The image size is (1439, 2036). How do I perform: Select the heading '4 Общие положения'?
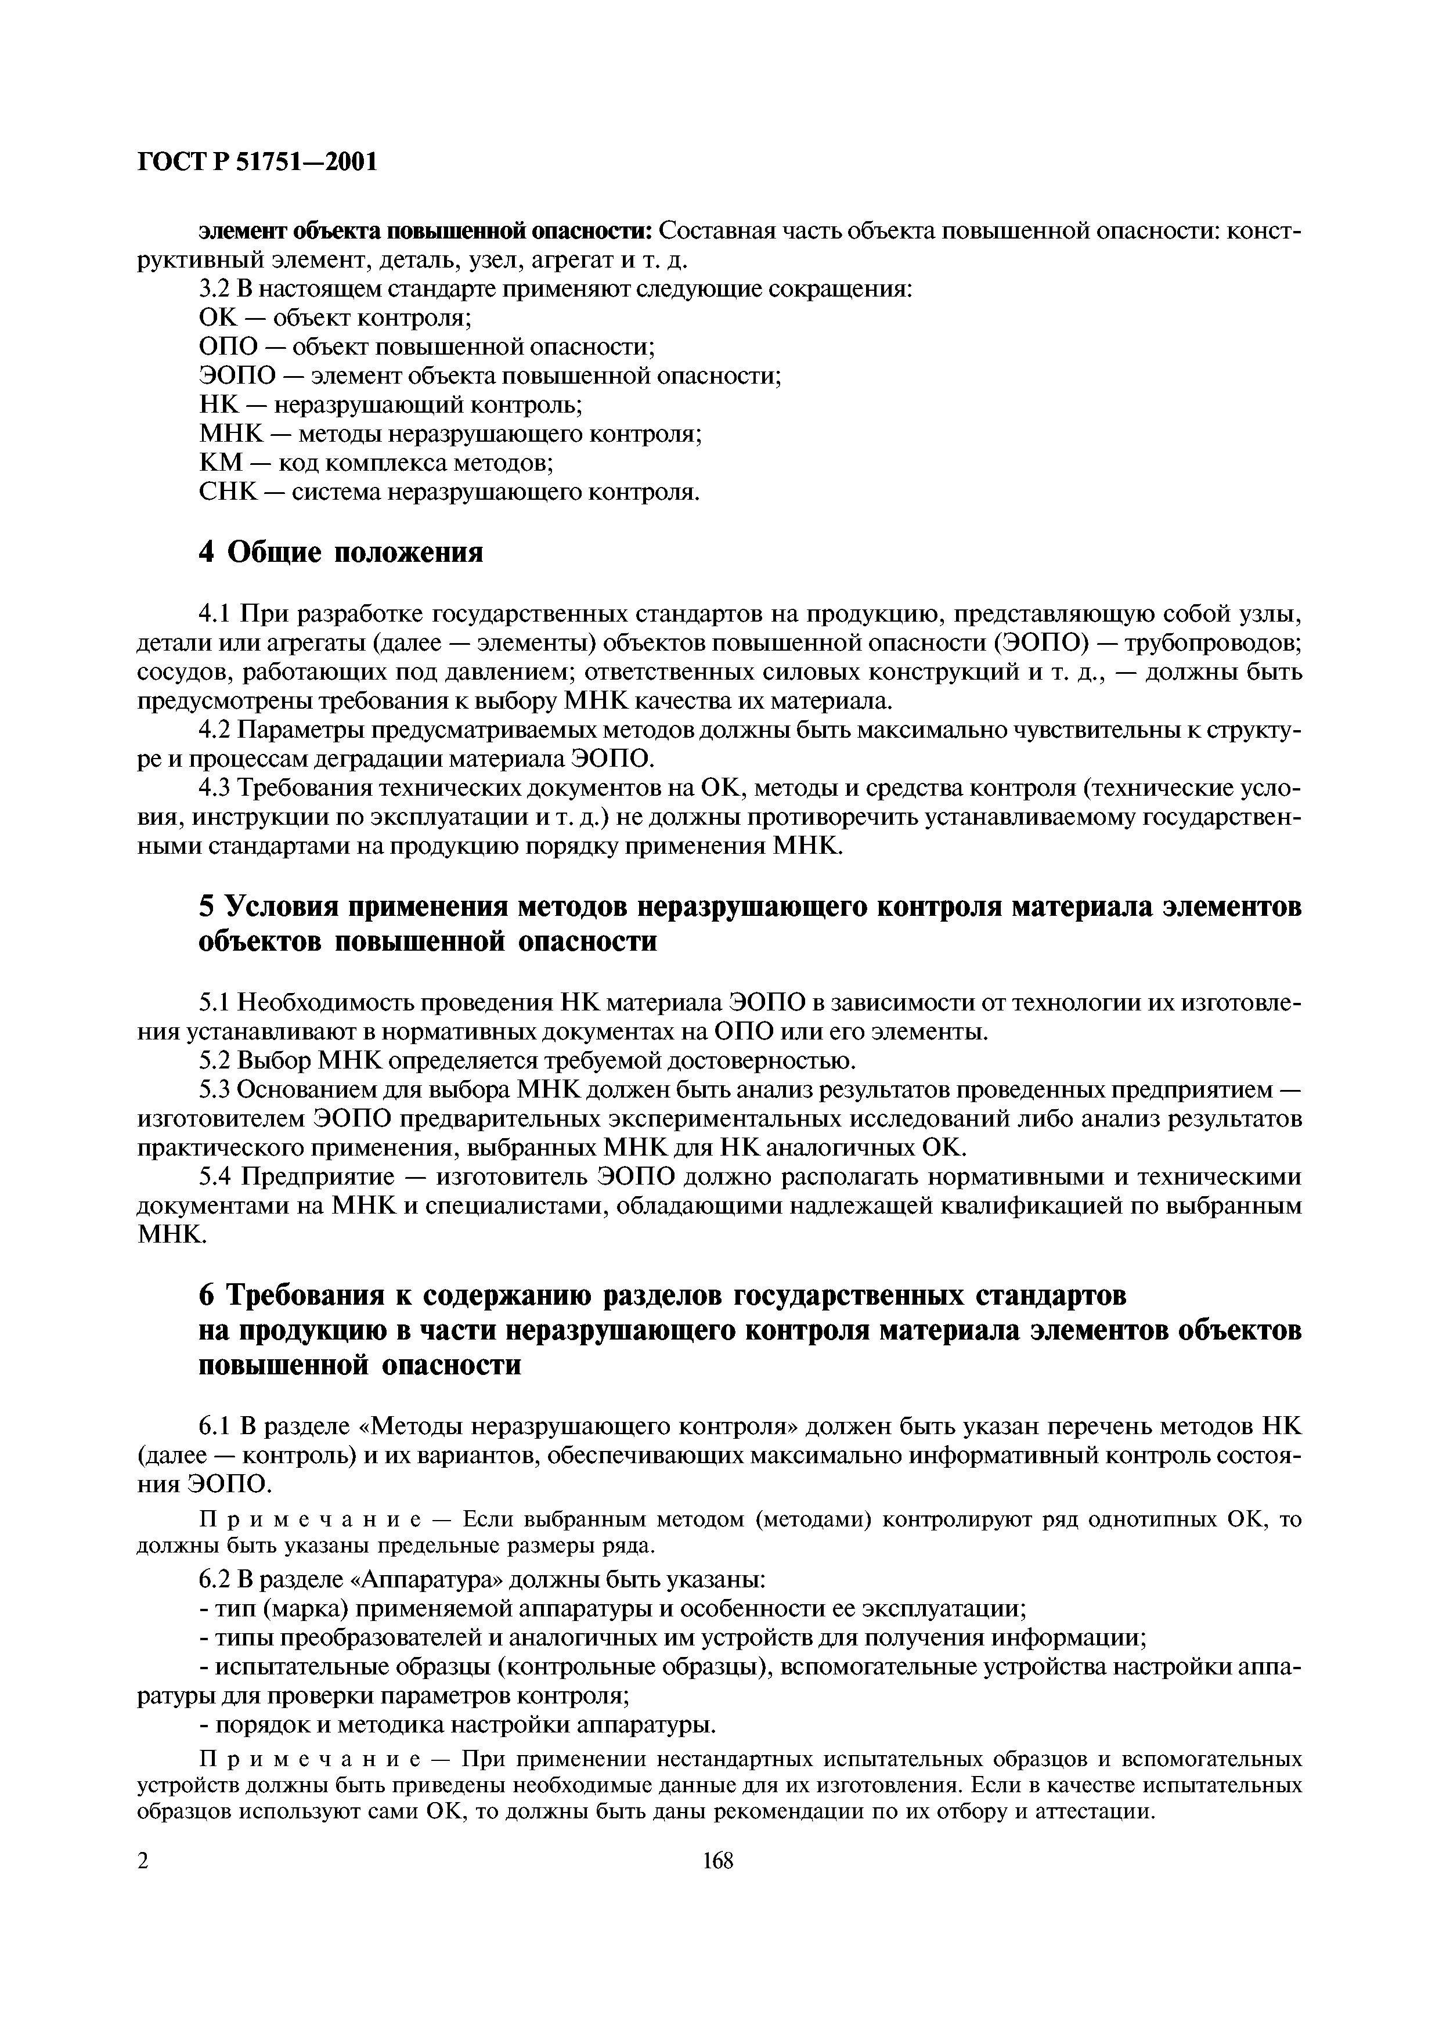[341, 553]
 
